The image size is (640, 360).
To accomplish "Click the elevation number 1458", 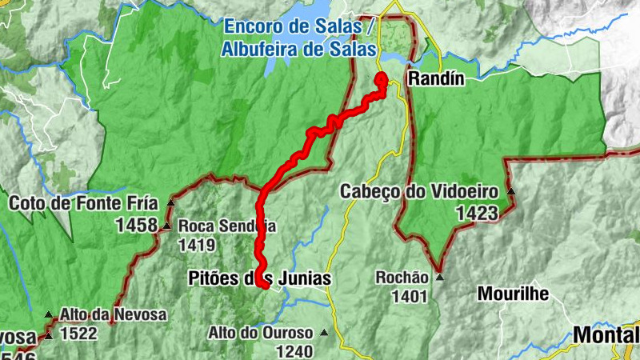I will pyautogui.click(x=136, y=226).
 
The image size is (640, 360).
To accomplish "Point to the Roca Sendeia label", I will pyautogui.click(x=226, y=226).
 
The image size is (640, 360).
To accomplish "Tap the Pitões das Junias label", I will pyautogui.click(x=258, y=277).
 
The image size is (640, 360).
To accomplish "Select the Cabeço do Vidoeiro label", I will pyautogui.click(x=419, y=191).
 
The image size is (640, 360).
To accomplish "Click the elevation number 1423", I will pyautogui.click(x=477, y=213).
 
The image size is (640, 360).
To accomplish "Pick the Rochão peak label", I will pyautogui.click(x=402, y=278).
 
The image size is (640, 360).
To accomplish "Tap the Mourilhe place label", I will pyautogui.click(x=513, y=294).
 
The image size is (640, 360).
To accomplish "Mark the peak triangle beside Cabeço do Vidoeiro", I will pyautogui.click(x=510, y=191).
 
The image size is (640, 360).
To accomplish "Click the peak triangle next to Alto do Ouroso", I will pyautogui.click(x=324, y=332).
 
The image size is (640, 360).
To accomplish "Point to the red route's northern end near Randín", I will pyautogui.click(x=382, y=78).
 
